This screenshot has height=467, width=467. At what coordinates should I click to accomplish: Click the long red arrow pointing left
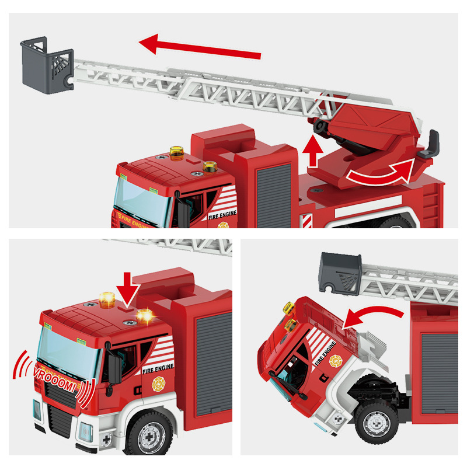pos(198,48)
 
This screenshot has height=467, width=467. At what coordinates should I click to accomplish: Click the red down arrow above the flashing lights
pos(128,286)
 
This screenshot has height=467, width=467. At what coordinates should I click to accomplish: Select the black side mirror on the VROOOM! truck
pos(114,368)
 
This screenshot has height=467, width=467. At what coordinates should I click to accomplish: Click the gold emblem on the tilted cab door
pos(336,361)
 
